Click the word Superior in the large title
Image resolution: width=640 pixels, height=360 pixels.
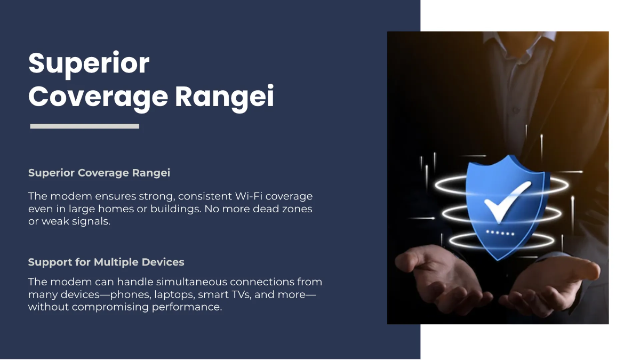[89, 64]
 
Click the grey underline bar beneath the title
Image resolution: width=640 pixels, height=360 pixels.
[84, 126]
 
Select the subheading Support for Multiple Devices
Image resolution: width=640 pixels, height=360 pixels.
[106, 262]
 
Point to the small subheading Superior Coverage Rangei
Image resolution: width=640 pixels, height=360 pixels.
[99, 173]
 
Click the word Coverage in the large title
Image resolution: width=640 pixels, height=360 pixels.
[98, 96]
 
